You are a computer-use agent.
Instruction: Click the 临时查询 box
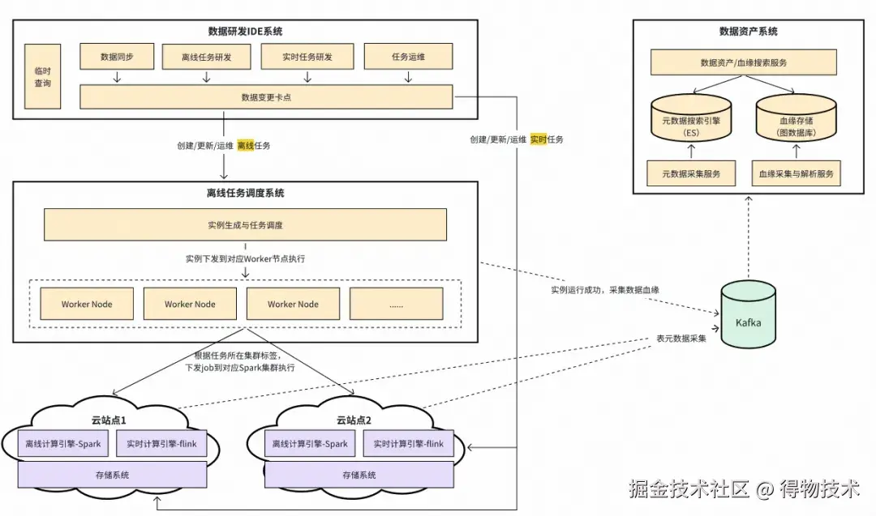coord(43,77)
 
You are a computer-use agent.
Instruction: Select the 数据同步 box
coord(117,58)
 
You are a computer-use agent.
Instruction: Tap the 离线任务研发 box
coord(206,58)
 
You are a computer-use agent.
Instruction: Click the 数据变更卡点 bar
coord(265,97)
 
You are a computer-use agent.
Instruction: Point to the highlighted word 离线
coord(246,146)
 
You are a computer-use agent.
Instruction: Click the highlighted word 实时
coord(539,139)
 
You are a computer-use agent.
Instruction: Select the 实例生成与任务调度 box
coord(245,224)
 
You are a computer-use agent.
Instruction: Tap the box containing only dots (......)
coord(396,304)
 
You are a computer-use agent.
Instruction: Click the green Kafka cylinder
coord(748,317)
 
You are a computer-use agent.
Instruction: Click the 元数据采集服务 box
coord(691,173)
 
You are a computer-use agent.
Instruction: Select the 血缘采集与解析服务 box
coord(796,173)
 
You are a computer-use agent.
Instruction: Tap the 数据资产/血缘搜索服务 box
coord(743,62)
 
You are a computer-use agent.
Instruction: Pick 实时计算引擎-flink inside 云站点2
coord(409,444)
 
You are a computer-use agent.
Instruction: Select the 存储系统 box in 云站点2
coord(359,475)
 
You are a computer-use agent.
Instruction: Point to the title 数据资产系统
coord(748,32)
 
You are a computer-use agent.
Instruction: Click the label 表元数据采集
coord(681,338)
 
